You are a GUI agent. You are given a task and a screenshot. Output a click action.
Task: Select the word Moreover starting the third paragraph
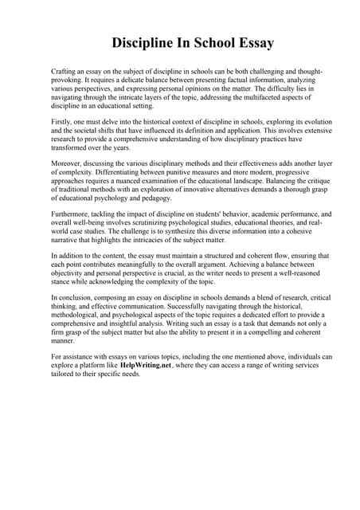[67, 159]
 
